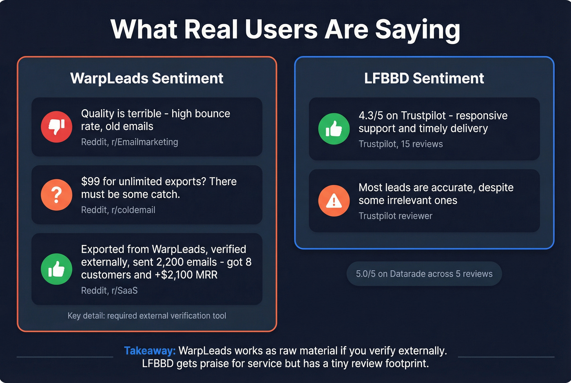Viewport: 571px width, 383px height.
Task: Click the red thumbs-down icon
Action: (57, 127)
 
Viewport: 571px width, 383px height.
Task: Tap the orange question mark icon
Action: (57, 195)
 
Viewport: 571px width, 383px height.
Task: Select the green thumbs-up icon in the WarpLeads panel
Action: (57, 269)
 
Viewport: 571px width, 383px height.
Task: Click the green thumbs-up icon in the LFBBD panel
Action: (334, 129)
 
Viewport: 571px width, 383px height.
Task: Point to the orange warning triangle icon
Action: (334, 201)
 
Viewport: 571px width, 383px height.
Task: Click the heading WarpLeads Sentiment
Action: (147, 78)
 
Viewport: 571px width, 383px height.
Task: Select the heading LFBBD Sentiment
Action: (424, 78)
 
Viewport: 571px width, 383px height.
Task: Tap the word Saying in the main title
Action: (418, 29)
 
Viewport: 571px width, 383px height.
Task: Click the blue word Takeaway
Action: (150, 351)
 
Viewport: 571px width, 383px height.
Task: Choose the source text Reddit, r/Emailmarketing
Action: (129, 142)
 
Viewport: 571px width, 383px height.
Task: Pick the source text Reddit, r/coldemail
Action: (118, 210)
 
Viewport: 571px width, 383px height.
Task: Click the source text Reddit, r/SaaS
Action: (109, 290)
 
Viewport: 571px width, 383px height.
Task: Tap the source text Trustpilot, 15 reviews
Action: (401, 144)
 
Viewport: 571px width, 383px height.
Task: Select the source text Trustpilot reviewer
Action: (395, 216)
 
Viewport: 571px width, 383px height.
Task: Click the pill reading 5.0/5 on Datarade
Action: (424, 274)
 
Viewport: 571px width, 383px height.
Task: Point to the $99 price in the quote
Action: (90, 182)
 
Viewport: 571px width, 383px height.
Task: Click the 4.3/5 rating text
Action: (371, 116)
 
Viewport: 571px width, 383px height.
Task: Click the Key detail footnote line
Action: (147, 316)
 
